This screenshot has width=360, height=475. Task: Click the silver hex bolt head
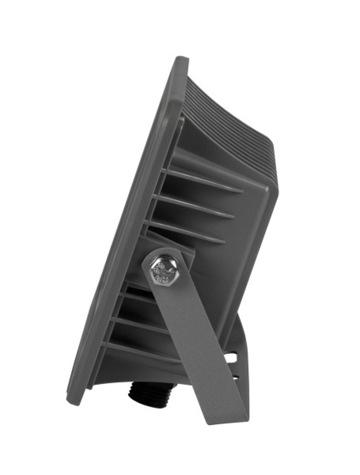click(x=164, y=271)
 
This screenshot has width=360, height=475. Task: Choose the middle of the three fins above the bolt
click(x=194, y=206)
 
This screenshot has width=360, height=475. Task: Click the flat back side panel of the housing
click(x=245, y=254)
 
